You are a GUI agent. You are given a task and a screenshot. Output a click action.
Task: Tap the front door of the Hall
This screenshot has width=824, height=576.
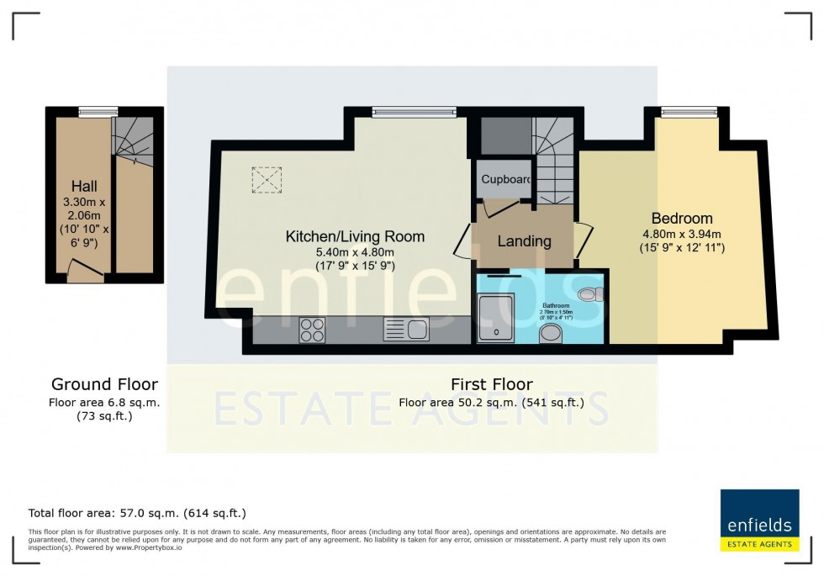[x=82, y=268]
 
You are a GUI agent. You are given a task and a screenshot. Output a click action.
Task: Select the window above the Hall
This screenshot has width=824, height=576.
[x=98, y=111]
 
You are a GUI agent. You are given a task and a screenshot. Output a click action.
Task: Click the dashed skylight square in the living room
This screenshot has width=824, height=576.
[x=267, y=179]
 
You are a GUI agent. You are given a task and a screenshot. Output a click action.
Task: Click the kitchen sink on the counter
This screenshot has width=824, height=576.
[x=406, y=329]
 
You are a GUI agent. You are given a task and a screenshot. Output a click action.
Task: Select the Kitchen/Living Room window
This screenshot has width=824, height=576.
[x=414, y=111]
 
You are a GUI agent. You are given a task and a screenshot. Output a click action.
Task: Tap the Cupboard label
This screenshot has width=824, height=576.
[x=505, y=179]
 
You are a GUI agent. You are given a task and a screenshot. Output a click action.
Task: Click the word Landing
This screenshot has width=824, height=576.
[x=524, y=241]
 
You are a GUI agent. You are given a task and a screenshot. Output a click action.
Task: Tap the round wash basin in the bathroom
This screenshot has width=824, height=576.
[x=552, y=335]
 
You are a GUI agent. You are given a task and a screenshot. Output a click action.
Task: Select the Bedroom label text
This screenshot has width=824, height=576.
[x=681, y=218]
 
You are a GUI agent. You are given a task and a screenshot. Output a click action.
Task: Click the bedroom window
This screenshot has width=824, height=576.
[x=689, y=111]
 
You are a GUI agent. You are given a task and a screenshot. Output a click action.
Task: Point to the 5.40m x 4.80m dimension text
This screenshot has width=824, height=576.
[x=354, y=251]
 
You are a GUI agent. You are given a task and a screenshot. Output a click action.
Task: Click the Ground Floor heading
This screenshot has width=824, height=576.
[x=104, y=384]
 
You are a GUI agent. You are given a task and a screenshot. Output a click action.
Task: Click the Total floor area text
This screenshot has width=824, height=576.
[x=137, y=512]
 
